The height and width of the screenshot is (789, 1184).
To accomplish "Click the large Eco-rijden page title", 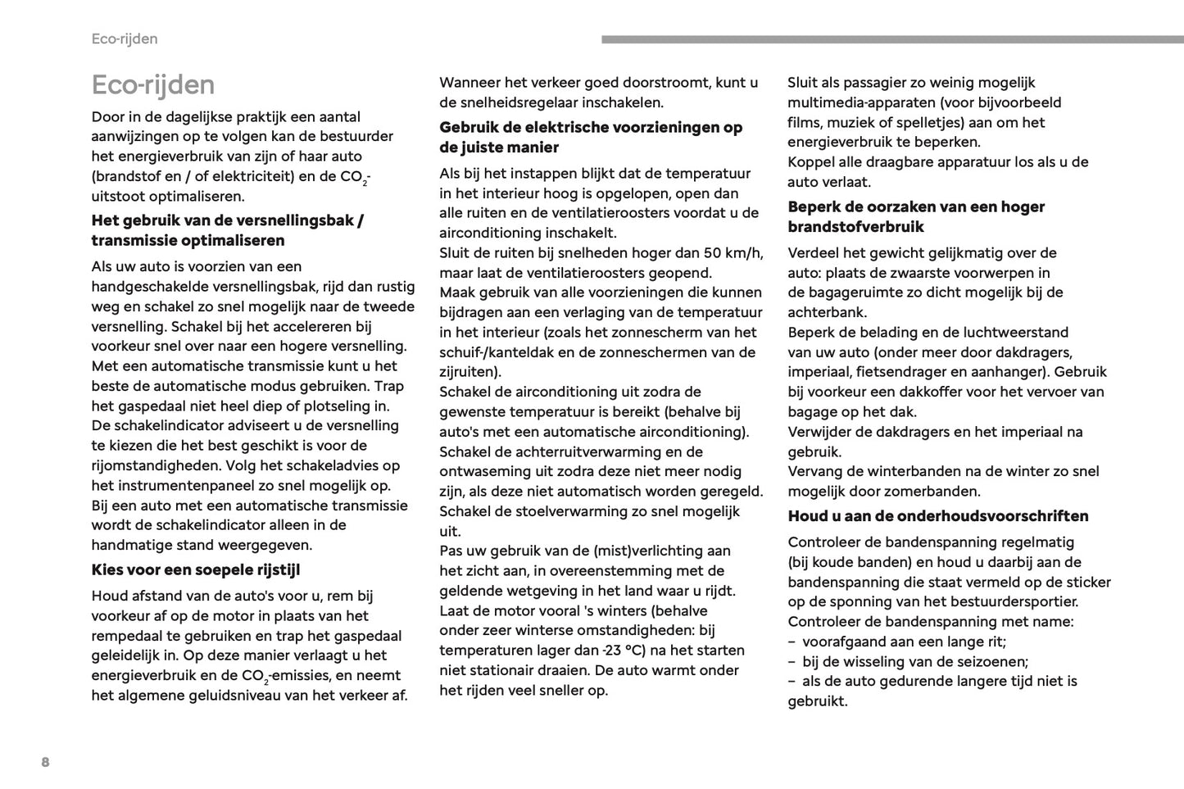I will (x=153, y=84).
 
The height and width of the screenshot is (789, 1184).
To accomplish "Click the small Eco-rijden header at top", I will (x=125, y=39).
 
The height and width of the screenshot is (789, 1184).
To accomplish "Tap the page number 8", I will (x=45, y=763).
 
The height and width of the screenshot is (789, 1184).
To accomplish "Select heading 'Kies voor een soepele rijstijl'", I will (x=196, y=569).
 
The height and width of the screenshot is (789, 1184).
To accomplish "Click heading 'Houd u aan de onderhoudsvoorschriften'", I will (x=938, y=516).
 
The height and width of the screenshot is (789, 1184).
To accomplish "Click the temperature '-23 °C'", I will (x=623, y=651).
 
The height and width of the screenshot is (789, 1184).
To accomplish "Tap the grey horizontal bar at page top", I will (x=892, y=39).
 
